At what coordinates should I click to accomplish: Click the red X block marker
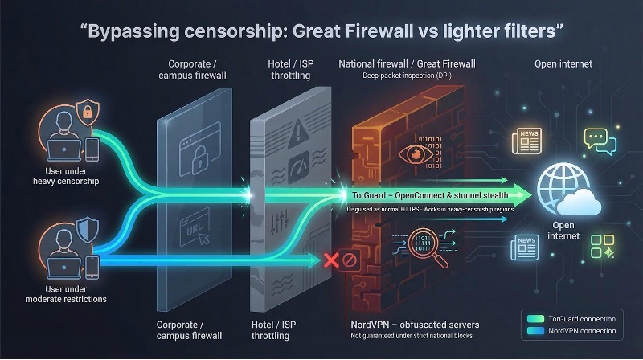click(331, 260)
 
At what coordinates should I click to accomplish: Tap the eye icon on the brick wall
click(416, 153)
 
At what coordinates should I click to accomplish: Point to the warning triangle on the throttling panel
click(298, 133)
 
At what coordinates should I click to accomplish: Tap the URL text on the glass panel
click(195, 230)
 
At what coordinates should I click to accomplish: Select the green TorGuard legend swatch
click(535, 319)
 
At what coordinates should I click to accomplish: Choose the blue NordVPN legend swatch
click(535, 330)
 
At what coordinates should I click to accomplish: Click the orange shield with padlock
click(88, 112)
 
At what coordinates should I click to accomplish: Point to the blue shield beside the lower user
click(88, 230)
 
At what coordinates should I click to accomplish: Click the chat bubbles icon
click(600, 141)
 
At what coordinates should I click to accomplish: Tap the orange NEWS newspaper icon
click(527, 141)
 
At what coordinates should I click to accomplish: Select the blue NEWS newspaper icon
click(525, 247)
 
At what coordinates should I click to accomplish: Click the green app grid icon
click(602, 246)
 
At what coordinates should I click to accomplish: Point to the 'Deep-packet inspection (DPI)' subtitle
click(407, 76)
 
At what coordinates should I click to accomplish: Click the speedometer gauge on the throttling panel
click(298, 167)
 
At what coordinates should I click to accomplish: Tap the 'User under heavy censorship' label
click(66, 176)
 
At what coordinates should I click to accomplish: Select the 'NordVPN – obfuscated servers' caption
click(415, 325)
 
